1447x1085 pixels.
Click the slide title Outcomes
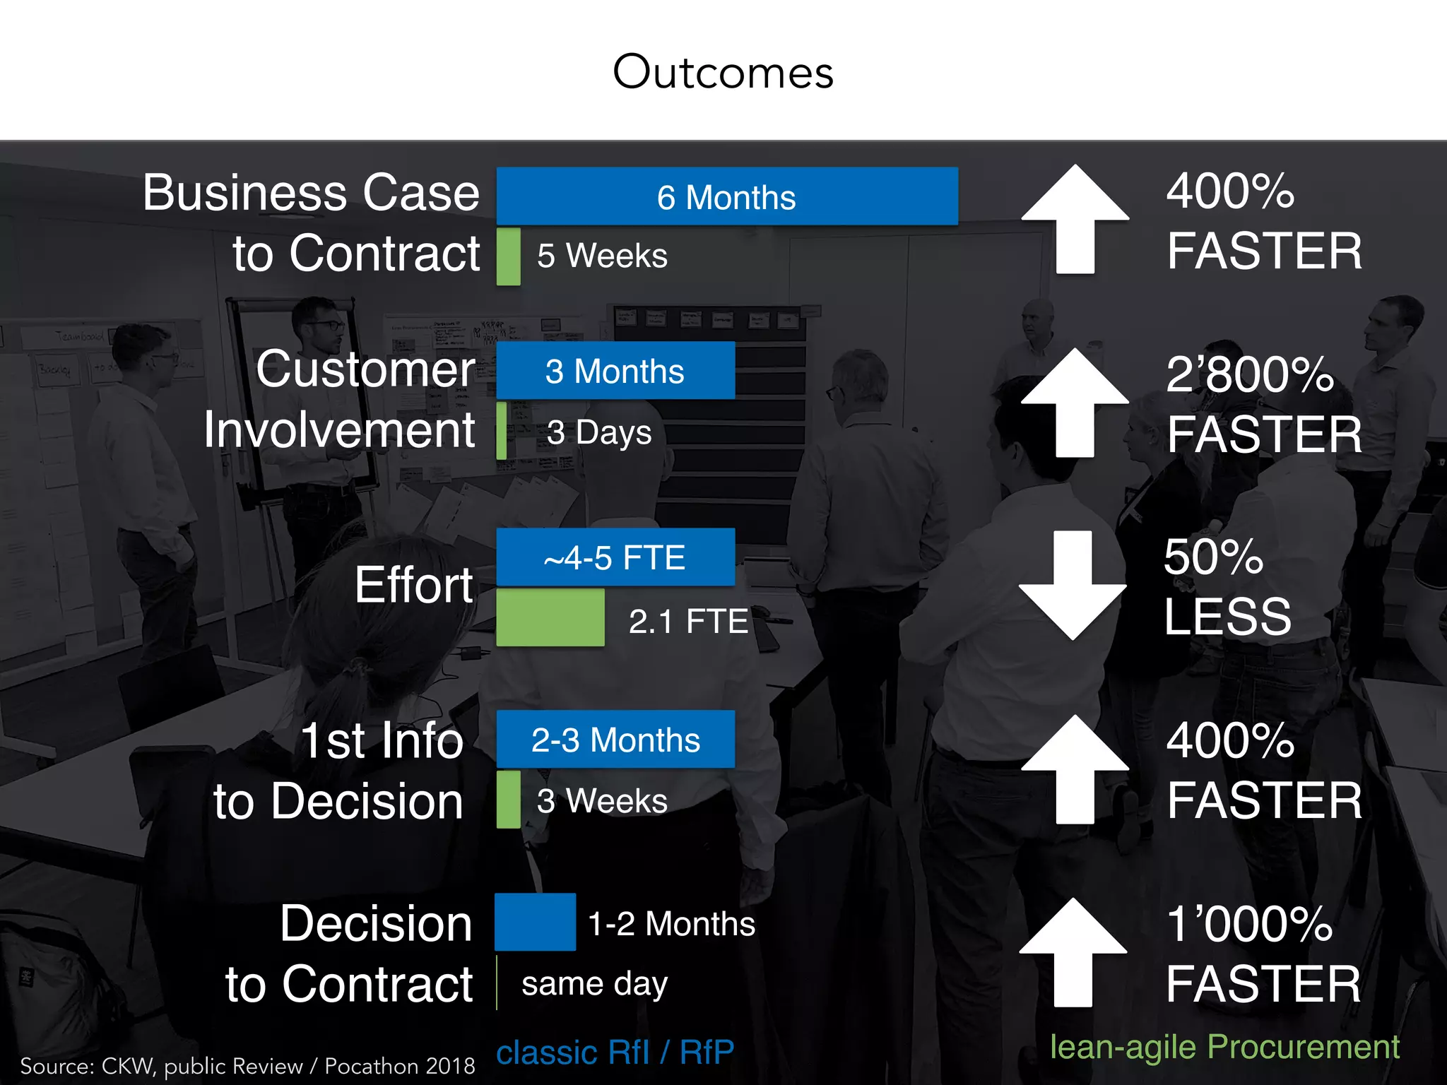click(x=723, y=72)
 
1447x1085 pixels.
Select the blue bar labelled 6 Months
click(x=727, y=196)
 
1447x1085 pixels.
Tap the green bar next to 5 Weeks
click(x=509, y=256)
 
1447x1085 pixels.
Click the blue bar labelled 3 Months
click(x=615, y=371)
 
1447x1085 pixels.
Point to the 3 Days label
click(x=599, y=432)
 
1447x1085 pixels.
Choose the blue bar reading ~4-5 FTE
click(x=615, y=557)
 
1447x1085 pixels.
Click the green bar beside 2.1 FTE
click(x=550, y=617)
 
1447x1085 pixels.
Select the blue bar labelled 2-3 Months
click(x=615, y=740)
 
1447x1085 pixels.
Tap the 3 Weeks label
click(x=602, y=801)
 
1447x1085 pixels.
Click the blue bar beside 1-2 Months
click(x=535, y=922)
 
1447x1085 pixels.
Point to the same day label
click(x=594, y=983)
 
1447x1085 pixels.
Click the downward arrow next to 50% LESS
click(x=1073, y=586)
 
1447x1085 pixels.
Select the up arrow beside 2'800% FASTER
click(x=1075, y=403)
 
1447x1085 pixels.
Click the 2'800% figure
click(x=1250, y=374)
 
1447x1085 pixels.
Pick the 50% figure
click(x=1214, y=557)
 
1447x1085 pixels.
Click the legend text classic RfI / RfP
click(x=615, y=1053)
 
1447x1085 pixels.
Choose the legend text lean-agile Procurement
click(x=1224, y=1047)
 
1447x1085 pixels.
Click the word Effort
click(x=414, y=585)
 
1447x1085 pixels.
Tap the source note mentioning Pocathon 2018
click(x=247, y=1066)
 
